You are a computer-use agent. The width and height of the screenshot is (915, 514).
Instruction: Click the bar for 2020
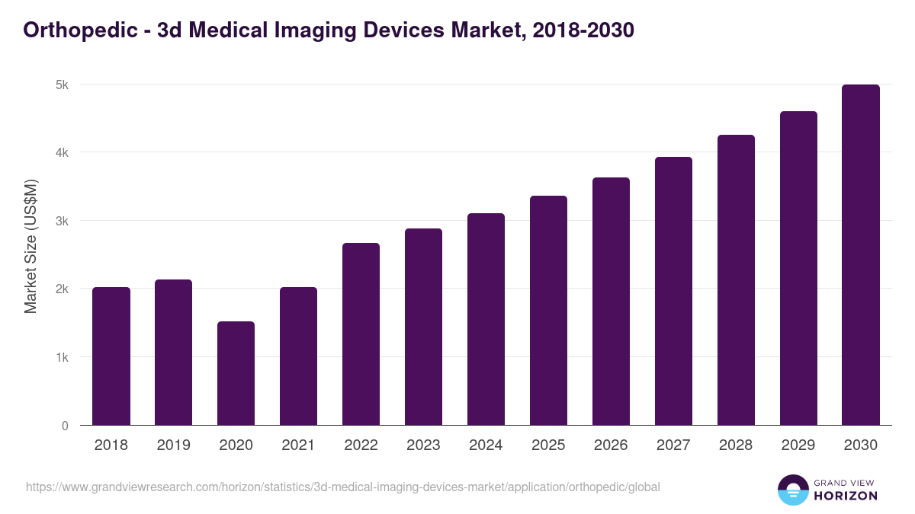[236, 373]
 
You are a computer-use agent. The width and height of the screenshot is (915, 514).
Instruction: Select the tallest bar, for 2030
[861, 255]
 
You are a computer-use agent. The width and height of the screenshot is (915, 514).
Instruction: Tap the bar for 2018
[111, 356]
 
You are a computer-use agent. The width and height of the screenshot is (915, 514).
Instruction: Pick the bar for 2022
[361, 334]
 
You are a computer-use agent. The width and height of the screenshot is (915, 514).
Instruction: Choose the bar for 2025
[548, 311]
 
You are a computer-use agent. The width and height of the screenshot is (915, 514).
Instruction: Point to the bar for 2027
[673, 291]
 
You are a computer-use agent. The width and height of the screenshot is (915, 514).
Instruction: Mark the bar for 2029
[798, 268]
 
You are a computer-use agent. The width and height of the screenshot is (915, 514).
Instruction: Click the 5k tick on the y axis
[61, 85]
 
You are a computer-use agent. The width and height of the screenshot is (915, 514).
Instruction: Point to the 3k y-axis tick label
[61, 221]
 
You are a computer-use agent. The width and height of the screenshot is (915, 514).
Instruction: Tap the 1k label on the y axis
[61, 357]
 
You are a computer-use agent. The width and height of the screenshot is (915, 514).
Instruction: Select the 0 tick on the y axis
[65, 426]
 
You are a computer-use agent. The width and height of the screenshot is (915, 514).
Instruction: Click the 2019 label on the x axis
[174, 445]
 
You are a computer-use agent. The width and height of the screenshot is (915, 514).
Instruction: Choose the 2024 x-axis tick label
[486, 445]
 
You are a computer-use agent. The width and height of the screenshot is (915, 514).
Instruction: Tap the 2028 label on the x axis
[736, 445]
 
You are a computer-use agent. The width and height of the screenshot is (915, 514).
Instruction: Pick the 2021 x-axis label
[298, 445]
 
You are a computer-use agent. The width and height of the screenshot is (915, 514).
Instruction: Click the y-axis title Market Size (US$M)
[30, 247]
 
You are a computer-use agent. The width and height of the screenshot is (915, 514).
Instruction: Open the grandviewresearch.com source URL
[342, 487]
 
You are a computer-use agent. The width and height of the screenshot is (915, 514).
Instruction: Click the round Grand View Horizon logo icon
[793, 490]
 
